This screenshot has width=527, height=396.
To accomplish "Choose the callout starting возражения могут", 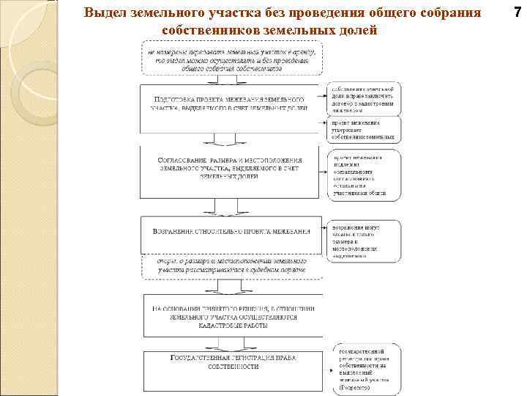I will click(x=365, y=240).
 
